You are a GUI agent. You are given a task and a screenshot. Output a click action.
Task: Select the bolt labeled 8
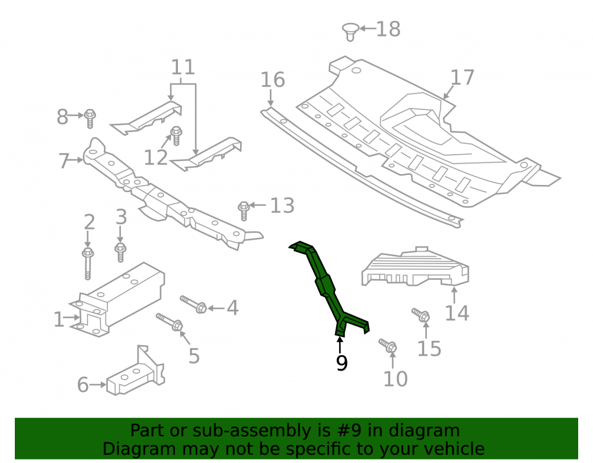click(x=90, y=119)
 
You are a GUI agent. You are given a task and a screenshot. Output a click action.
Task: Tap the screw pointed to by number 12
click(x=176, y=135)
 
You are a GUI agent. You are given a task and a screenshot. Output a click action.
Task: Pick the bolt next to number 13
click(x=244, y=210)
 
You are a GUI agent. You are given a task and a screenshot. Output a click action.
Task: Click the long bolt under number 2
click(x=88, y=263)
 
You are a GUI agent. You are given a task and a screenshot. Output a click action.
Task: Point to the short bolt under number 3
click(x=120, y=252)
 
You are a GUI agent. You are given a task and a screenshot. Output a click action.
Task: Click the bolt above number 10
click(x=388, y=345)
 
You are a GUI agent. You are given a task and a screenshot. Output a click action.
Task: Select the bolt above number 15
click(x=420, y=315)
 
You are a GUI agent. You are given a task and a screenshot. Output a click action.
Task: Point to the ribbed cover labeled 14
click(x=415, y=267)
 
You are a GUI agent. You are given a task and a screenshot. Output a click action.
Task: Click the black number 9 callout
click(x=342, y=363)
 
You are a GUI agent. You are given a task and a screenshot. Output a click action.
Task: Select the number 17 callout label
click(x=462, y=78)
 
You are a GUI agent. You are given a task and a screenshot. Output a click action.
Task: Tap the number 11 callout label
click(x=183, y=67)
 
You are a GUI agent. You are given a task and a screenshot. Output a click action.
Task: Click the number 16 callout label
click(x=273, y=80)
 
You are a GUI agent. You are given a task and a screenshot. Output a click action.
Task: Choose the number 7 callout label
click(x=64, y=161)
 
